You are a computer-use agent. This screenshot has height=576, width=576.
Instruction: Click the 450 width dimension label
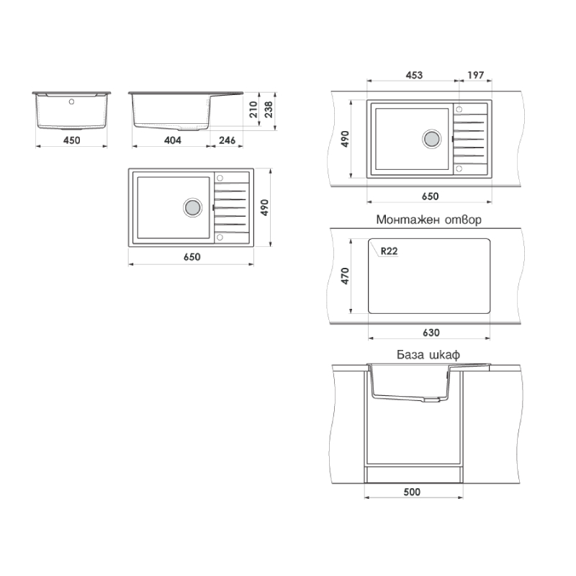pyautogui.click(x=71, y=140)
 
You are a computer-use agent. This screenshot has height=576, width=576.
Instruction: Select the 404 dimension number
pyautogui.click(x=173, y=140)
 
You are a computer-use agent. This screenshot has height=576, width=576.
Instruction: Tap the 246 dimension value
pyautogui.click(x=227, y=140)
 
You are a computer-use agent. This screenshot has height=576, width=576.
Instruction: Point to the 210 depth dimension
pyautogui.click(x=253, y=109)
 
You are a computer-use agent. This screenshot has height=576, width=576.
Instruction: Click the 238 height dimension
pyautogui.click(x=269, y=109)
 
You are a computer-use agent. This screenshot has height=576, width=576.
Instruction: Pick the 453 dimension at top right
pyautogui.click(x=414, y=76)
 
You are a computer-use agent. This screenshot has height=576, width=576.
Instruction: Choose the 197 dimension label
pyautogui.click(x=476, y=76)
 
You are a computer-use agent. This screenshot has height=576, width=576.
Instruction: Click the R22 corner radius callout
pyautogui.click(x=389, y=251)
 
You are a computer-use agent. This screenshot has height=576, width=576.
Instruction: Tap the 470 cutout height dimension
pyautogui.click(x=345, y=276)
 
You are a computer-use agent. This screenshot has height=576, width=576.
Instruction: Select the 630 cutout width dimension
pyautogui.click(x=431, y=333)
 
